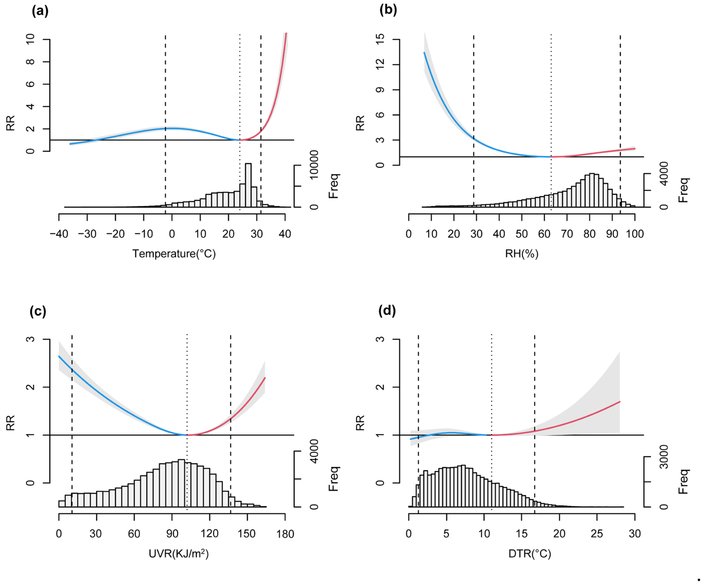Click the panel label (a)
point(40,11)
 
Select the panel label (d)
point(387,310)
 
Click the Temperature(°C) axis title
point(174,253)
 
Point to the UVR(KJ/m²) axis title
point(179,553)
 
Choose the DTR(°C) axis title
point(530,553)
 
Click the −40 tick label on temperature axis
point(59,234)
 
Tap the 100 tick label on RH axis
point(635,234)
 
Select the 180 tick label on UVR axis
point(285,534)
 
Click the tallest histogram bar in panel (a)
point(248,185)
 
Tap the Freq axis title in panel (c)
point(333,479)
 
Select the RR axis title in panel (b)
point(360,123)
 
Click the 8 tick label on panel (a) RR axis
point(30,62)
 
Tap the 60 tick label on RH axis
point(544,234)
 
